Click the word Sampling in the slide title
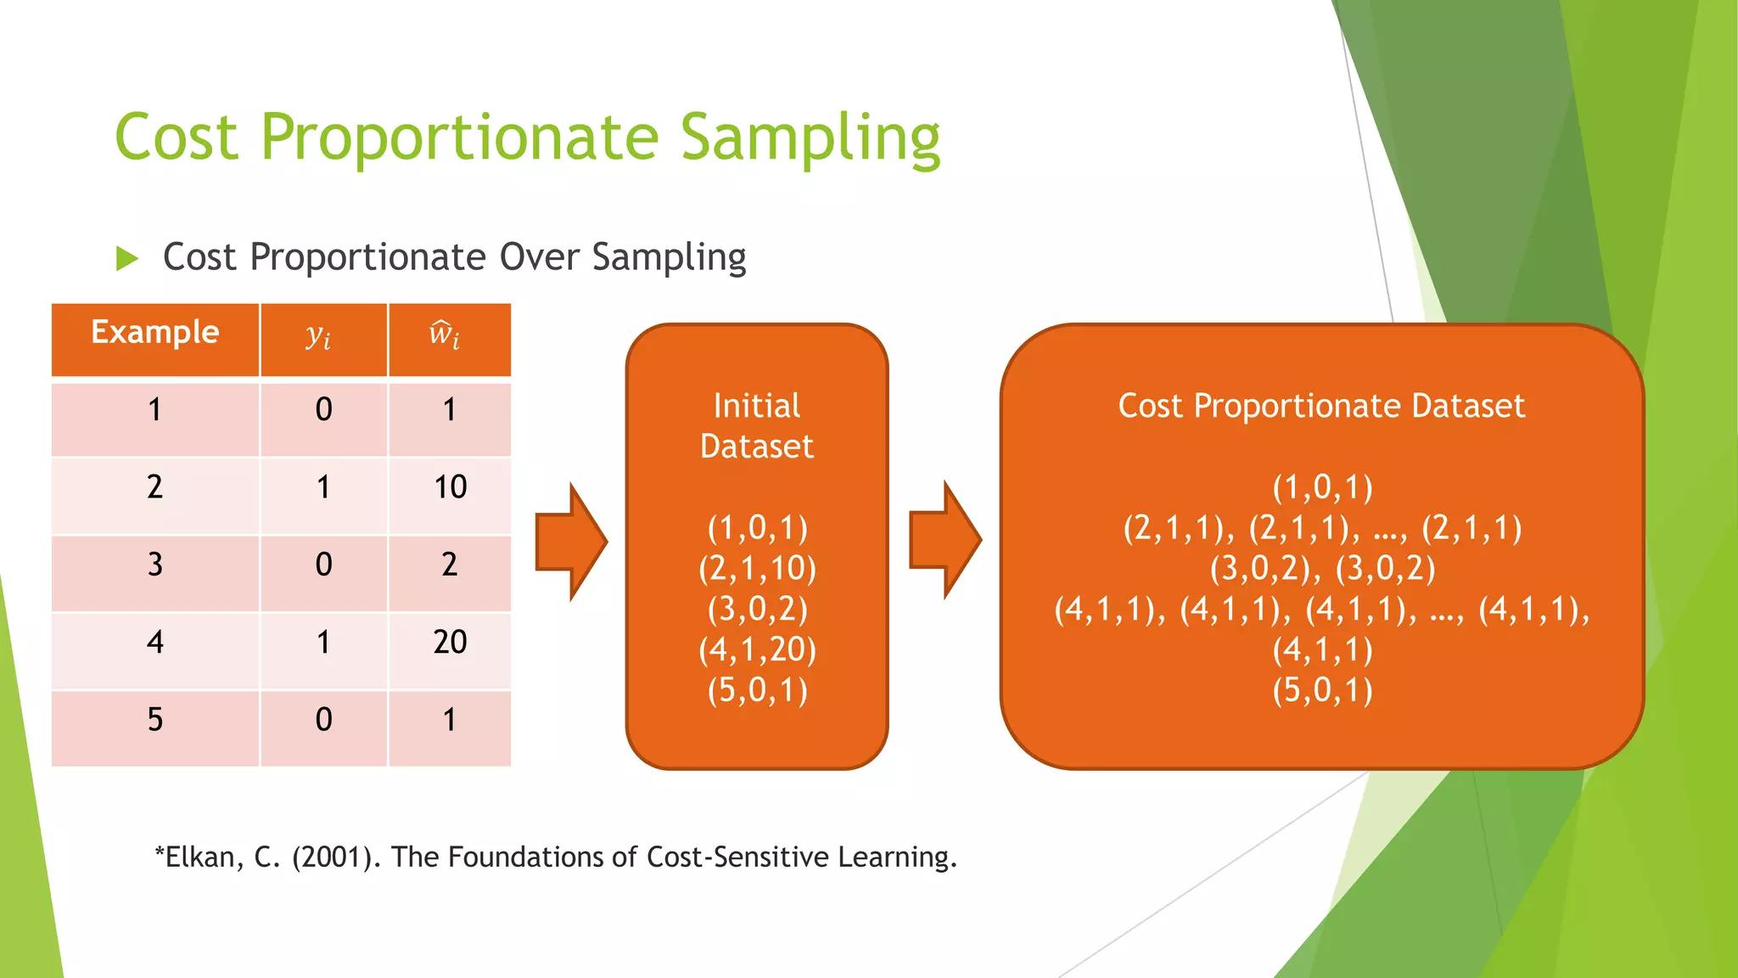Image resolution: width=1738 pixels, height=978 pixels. (810, 138)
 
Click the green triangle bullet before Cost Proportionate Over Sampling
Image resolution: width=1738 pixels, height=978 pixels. (126, 258)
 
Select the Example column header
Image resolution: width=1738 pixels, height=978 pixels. (154, 333)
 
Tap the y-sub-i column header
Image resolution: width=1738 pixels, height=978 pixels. (319, 337)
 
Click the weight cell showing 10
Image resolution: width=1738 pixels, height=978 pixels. (450, 487)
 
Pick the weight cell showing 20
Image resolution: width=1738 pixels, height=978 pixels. (450, 643)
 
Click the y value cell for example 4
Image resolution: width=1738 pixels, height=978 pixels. (323, 643)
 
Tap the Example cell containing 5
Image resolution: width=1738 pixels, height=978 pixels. (154, 720)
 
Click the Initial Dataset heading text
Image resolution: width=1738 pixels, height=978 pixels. (756, 426)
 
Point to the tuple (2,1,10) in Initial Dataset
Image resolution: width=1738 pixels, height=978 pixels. (757, 568)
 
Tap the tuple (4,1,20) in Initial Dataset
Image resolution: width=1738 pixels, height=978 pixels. (757, 649)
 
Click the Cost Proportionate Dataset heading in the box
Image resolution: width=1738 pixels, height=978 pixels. (1321, 406)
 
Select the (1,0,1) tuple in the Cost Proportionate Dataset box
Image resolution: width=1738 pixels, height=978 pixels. (1322, 487)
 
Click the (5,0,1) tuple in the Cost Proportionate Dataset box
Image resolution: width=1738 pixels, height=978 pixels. (1322, 690)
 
